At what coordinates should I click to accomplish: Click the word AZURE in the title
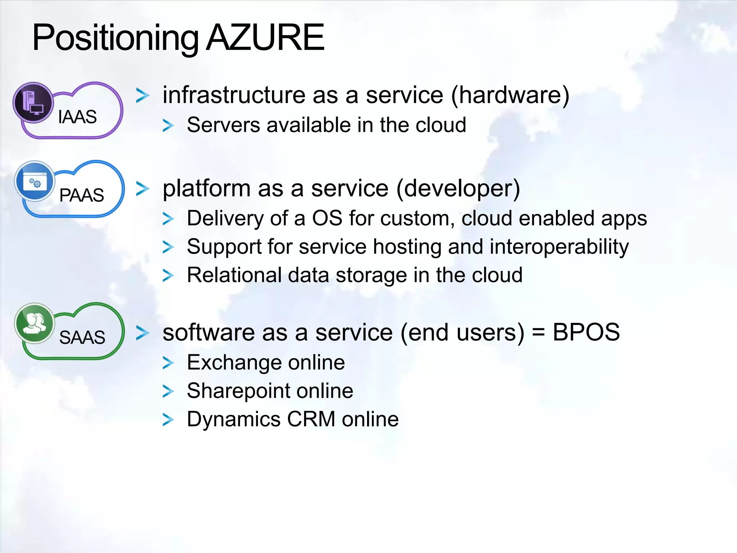point(265,37)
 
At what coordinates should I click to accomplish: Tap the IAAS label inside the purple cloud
point(77,117)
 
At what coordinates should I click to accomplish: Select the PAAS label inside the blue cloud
point(81,195)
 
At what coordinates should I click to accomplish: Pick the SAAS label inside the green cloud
point(82,337)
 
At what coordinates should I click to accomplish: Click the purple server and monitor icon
point(33,102)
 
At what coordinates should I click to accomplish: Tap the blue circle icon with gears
point(35,181)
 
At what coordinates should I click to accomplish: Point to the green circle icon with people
point(34,323)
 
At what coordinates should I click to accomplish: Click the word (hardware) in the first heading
point(510,95)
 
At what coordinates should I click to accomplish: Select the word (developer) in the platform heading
point(458,189)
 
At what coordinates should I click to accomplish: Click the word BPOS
point(586,332)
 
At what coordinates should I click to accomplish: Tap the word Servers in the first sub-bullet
point(223,125)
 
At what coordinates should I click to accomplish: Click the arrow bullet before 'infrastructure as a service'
point(143,95)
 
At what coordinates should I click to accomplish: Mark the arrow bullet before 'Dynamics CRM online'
point(168,420)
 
